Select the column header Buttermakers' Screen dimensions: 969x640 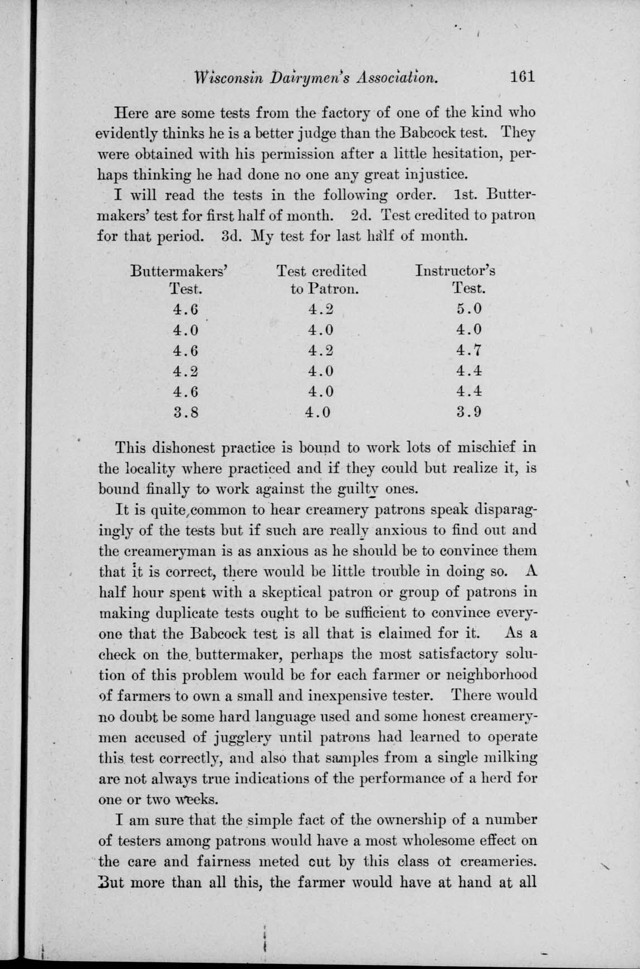(x=179, y=271)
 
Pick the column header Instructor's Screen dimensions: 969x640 (x=455, y=271)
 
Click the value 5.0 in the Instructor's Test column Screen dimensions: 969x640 (x=468, y=308)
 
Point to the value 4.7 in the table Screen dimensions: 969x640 (x=468, y=350)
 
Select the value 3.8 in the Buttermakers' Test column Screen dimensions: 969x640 (x=186, y=413)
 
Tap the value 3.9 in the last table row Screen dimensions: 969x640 (x=468, y=413)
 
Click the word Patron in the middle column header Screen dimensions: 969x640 (x=332, y=289)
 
